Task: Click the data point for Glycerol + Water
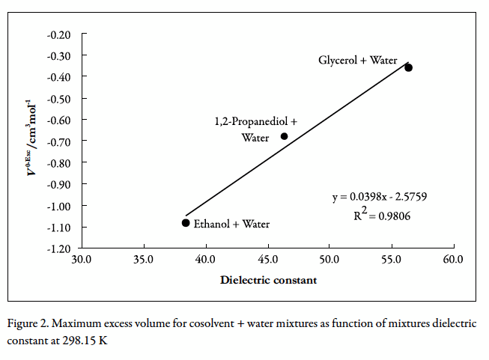[x=408, y=67]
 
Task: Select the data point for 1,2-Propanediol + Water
[x=285, y=136]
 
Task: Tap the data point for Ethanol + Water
[x=186, y=222]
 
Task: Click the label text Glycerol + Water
[x=357, y=60]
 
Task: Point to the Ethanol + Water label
[x=231, y=224]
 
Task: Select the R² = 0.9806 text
[x=382, y=216]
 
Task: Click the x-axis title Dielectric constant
[x=268, y=280]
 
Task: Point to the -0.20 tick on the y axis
[x=58, y=34]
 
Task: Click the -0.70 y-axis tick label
[x=58, y=141]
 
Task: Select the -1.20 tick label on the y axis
[x=58, y=248]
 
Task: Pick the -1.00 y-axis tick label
[x=58, y=205]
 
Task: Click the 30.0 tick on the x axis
[x=81, y=260]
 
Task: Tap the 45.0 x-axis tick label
[x=267, y=260]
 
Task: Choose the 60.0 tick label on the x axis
[x=453, y=260]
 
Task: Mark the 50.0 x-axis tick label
[x=329, y=260]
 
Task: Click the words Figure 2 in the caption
[x=28, y=323]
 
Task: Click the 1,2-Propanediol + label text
[x=256, y=121]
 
